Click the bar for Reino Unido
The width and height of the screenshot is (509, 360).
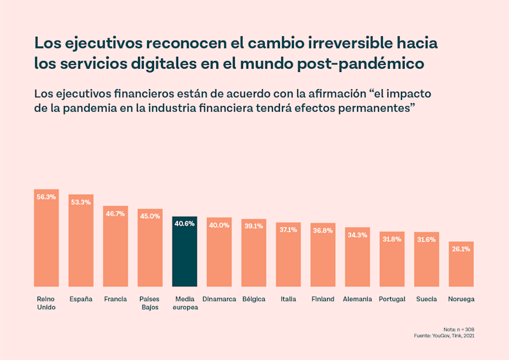46,239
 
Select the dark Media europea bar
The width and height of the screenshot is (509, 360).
185,252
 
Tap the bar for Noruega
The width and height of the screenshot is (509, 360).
461,265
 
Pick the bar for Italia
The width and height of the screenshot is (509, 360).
288,254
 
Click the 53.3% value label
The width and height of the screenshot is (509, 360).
81,202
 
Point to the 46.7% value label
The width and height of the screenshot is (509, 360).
115,214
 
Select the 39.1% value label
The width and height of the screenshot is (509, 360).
254,226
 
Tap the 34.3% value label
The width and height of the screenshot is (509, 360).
358,235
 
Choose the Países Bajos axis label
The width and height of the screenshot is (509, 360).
150,303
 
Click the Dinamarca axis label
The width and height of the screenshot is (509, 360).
220,299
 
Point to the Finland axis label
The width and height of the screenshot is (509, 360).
323,299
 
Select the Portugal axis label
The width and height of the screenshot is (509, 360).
392,299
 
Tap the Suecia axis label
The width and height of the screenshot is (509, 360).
426,299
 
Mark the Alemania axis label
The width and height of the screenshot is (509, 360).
358,299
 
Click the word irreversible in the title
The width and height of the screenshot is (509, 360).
349,44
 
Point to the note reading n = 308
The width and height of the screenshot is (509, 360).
459,329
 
